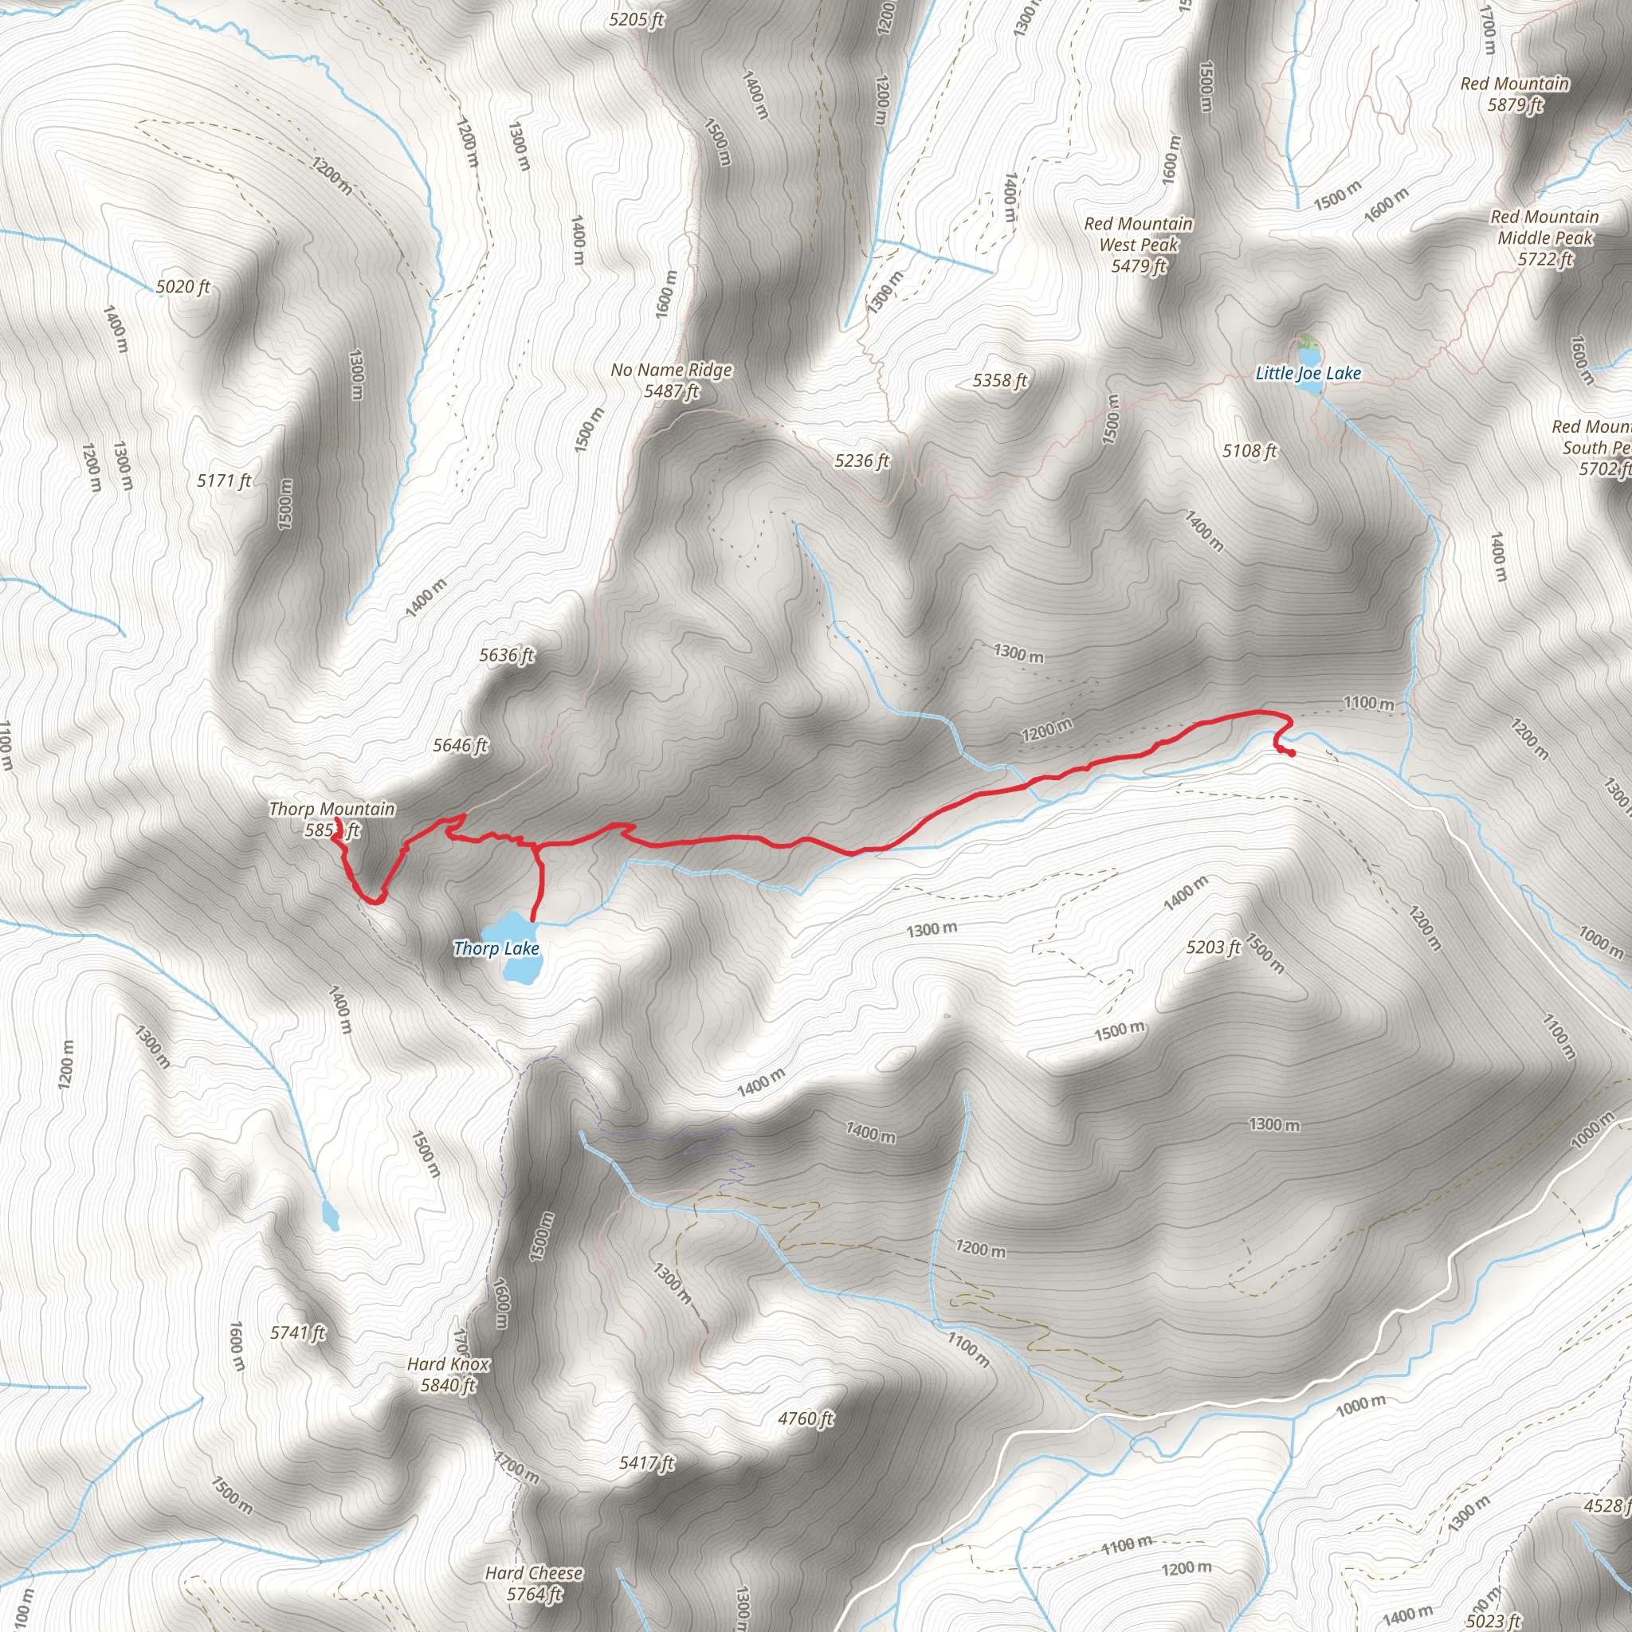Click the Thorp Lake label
pyautogui.click(x=496, y=948)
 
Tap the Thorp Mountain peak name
pyautogui.click(x=332, y=810)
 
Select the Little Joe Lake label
pyautogui.click(x=1308, y=374)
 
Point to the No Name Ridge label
pyautogui.click(x=672, y=370)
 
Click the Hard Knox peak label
pyautogui.click(x=448, y=1364)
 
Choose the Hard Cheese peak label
pyautogui.click(x=534, y=1573)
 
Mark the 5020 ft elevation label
pyautogui.click(x=182, y=286)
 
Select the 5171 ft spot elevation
pyautogui.click(x=224, y=481)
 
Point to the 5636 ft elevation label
pyautogui.click(x=507, y=655)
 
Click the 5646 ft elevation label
pyautogui.click(x=461, y=745)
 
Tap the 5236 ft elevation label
pyautogui.click(x=861, y=461)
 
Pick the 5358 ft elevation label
pyautogui.click(x=1000, y=380)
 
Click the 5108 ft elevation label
pyautogui.click(x=1249, y=451)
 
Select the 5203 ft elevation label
pyautogui.click(x=1213, y=947)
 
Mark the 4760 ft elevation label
pyautogui.click(x=806, y=1418)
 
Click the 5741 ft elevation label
pyautogui.click(x=297, y=1332)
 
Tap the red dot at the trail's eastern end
pyautogui.click(x=1292, y=752)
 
